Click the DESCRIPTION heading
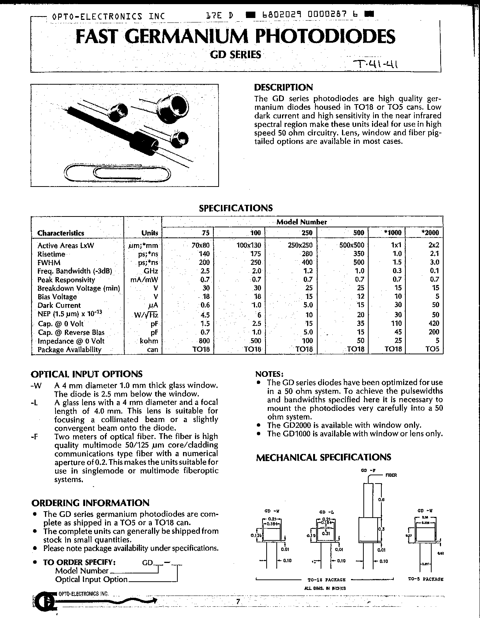tap(283, 88)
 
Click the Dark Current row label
tap(59, 305)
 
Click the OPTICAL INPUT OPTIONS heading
tap(87, 374)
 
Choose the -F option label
tap(35, 436)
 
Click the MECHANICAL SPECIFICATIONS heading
tap(324, 457)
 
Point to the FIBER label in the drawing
tap(391, 475)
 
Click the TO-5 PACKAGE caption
tap(426, 579)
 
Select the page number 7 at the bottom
tap(238, 602)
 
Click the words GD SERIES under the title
tap(235, 55)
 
